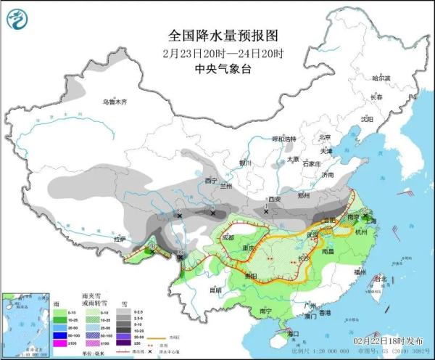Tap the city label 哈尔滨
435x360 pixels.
point(381,78)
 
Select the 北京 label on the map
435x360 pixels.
point(324,136)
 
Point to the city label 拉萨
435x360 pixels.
point(119,238)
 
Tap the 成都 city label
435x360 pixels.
point(228,237)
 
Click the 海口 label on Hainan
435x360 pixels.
point(293,333)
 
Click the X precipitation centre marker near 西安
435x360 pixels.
point(266,210)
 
